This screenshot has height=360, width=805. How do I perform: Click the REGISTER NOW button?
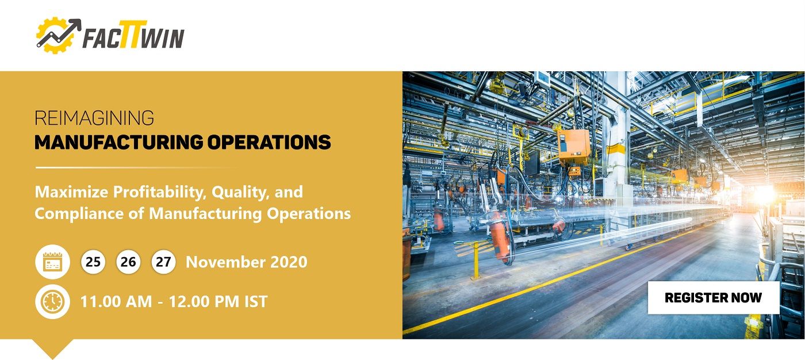point(714,297)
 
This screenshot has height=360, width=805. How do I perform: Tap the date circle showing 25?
point(93,262)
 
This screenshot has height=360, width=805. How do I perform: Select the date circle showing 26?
point(128,262)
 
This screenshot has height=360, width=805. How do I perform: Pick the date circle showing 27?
point(163,262)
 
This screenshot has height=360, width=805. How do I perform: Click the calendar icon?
point(52,262)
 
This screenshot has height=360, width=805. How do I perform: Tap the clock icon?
point(52,301)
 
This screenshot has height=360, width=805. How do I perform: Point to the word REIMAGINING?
point(94,118)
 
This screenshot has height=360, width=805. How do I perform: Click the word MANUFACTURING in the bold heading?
point(118,142)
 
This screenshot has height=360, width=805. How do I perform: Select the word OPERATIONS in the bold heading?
point(269,142)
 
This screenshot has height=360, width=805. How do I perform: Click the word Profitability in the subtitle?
point(160,192)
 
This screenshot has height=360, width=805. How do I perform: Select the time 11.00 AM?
point(116,301)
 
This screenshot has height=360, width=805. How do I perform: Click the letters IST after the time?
point(256,301)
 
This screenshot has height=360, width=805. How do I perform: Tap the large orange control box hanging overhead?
point(573,147)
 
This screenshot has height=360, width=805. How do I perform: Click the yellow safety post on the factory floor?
point(476,259)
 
